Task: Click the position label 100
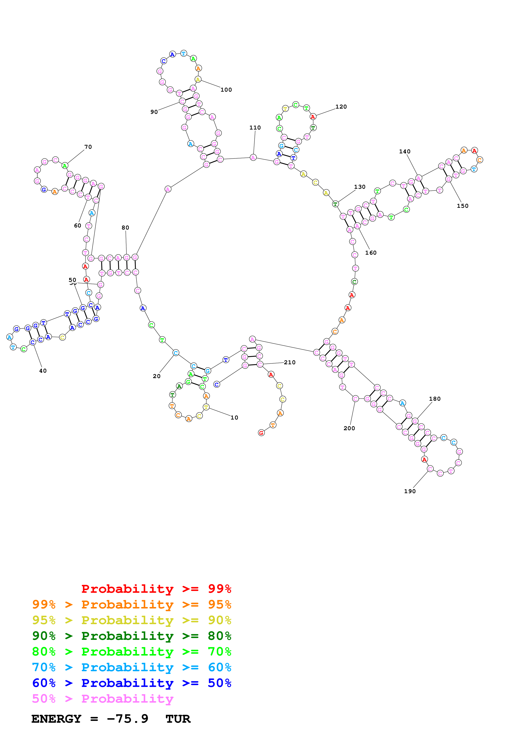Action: pos(226,90)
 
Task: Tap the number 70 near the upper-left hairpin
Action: pos(88,147)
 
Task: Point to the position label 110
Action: pos(255,128)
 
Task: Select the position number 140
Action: pos(404,151)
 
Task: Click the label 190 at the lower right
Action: pos(410,491)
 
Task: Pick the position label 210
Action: pos(290,362)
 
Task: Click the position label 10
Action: pos(234,417)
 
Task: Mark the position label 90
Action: pos(154,112)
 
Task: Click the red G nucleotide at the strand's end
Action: pos(261,433)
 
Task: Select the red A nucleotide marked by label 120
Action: pos(313,117)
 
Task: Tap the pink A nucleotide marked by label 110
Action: pos(253,157)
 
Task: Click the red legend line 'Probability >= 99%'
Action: pos(156,589)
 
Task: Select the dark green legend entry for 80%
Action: pos(131,636)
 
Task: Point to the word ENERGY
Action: pos(56,719)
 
